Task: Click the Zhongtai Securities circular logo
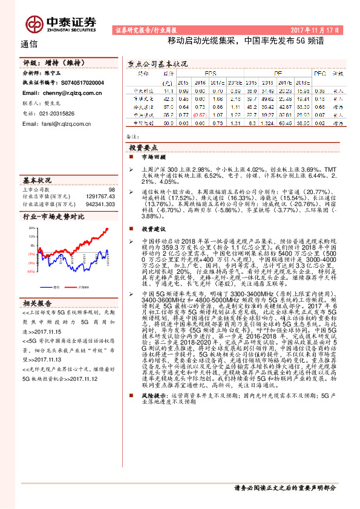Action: coord(33,24)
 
